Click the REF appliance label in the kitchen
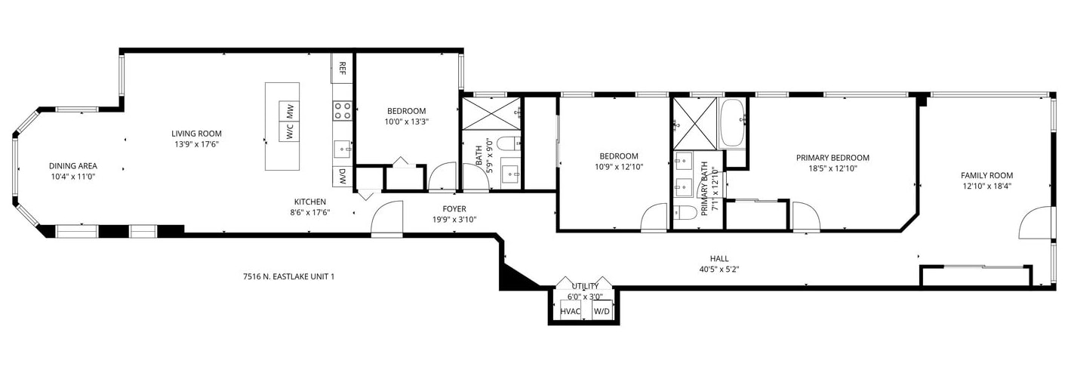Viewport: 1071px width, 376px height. click(x=343, y=68)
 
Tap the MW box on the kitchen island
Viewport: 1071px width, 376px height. click(x=289, y=111)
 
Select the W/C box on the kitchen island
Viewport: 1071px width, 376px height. click(x=289, y=131)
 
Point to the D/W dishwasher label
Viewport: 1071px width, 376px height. click(x=343, y=177)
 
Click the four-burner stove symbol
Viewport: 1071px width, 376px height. click(x=343, y=111)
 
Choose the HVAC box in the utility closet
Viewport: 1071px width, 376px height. click(x=569, y=311)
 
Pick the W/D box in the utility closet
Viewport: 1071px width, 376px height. click(x=602, y=311)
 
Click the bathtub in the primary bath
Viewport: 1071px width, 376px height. click(x=732, y=123)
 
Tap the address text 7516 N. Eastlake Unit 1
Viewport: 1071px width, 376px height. click(x=288, y=276)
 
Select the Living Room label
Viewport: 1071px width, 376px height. click(x=196, y=134)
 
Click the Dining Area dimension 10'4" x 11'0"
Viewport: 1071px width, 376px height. click(x=73, y=176)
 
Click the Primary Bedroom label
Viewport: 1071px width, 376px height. click(x=832, y=158)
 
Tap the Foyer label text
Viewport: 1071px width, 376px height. click(x=454, y=209)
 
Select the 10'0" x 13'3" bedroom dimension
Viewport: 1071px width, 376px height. click(x=407, y=121)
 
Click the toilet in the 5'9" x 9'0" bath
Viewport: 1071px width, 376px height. click(x=507, y=143)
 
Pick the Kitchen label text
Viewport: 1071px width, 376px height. click(x=309, y=202)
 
